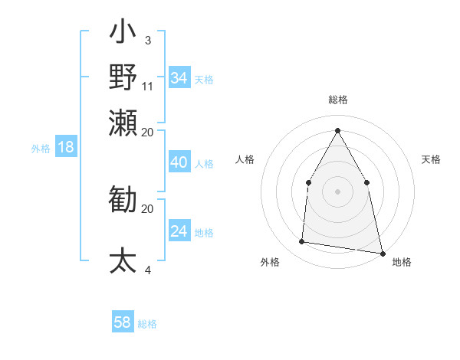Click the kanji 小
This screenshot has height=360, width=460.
(x=123, y=35)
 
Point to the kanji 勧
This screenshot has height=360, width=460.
(x=123, y=201)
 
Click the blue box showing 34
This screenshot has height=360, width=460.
(x=179, y=78)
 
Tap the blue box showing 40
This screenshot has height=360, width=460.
(x=179, y=162)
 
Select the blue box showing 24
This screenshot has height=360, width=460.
(x=179, y=231)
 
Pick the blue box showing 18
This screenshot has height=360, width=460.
(x=65, y=148)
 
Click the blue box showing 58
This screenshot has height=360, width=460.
(x=123, y=322)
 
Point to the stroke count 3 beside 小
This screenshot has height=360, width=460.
(x=147, y=39)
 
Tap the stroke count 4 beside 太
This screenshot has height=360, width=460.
(x=147, y=269)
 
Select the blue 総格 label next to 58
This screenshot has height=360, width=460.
(x=147, y=324)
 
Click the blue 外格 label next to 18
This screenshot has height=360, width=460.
(x=41, y=149)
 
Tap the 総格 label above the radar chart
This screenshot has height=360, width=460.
(x=337, y=100)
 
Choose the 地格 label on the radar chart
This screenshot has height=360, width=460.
(x=402, y=263)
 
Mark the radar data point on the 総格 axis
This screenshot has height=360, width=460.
(x=337, y=129)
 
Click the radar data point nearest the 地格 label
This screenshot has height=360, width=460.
(x=382, y=252)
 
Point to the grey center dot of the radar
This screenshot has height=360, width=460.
(x=337, y=191)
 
